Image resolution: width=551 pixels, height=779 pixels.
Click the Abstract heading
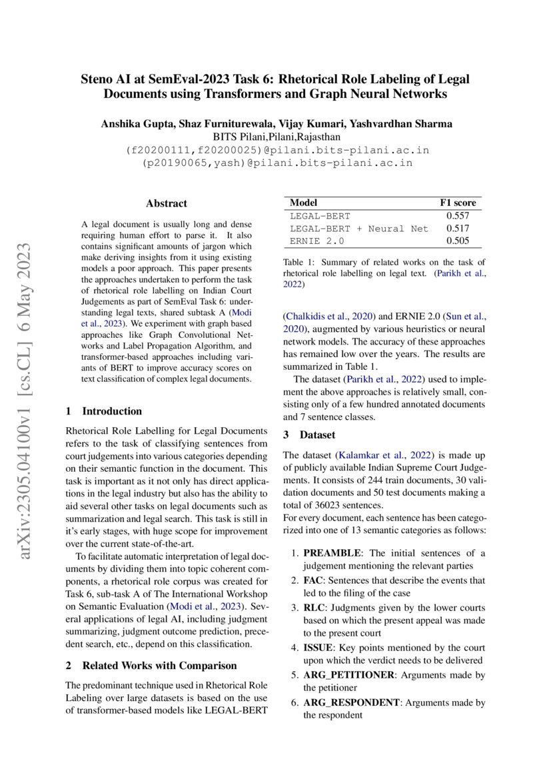tap(167, 203)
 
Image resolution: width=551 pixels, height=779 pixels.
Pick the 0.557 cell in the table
tap(458, 216)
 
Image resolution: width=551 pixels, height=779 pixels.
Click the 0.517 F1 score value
tap(458, 229)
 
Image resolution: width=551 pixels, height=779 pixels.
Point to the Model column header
tap(304, 203)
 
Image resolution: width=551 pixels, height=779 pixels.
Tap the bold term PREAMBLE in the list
tap(333, 553)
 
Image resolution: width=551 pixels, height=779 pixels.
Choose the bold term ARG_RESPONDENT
tap(352, 702)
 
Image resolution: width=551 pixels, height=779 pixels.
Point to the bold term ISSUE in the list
tap(318, 648)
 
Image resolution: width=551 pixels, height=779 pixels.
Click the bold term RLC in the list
tap(315, 608)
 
